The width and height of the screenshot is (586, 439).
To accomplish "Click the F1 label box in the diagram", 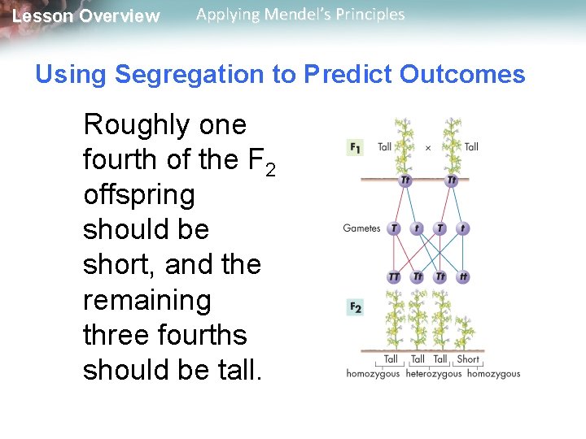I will click(356, 147).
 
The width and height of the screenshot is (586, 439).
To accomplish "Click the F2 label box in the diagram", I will click(356, 306).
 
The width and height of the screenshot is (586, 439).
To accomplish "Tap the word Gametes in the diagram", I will click(361, 228).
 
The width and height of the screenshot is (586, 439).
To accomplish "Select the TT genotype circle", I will click(394, 277).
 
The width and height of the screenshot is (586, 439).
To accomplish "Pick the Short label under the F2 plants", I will click(468, 359).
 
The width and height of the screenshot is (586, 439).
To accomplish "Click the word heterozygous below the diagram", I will click(433, 374).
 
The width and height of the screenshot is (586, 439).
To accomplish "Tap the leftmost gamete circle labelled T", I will click(394, 228).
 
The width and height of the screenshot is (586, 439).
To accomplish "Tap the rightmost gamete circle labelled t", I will click(463, 228).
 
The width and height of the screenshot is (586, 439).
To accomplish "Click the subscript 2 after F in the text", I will click(270, 168).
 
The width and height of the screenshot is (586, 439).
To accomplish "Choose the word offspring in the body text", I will click(138, 195).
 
